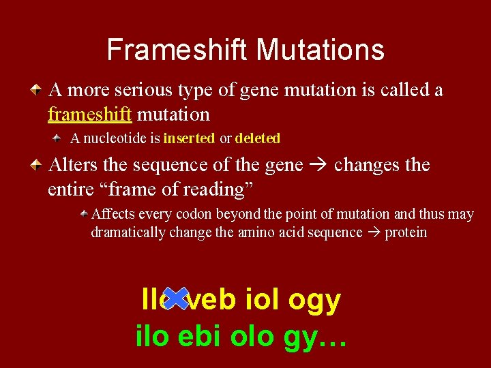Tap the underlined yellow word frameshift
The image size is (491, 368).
[x=89, y=113]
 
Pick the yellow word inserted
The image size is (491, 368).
[x=189, y=138]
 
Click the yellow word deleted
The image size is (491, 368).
[x=257, y=138]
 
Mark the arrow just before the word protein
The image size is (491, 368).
[x=374, y=233]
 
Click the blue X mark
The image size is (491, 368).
[x=177, y=298]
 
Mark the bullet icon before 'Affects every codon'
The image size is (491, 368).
[x=84, y=214]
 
